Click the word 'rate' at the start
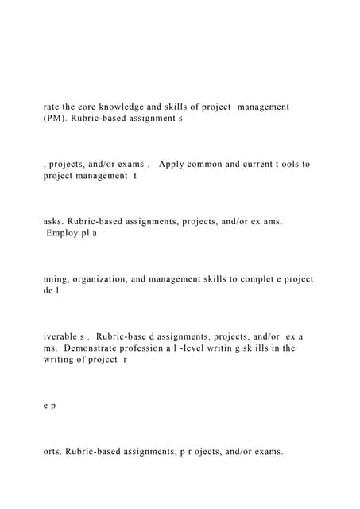click(52, 106)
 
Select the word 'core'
click(94, 106)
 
